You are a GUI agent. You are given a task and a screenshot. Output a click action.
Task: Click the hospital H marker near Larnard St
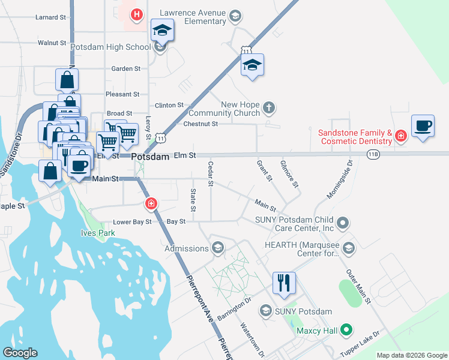[x=137, y=14]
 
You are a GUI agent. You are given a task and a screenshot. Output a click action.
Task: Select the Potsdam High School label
[x=110, y=47]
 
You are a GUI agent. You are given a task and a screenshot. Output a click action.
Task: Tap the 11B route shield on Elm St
[x=373, y=155]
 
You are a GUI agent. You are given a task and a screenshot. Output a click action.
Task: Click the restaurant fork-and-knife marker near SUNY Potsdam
[x=284, y=282]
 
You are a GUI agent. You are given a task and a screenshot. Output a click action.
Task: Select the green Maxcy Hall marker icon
[x=345, y=329]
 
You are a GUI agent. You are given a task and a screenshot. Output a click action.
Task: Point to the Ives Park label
[x=94, y=233]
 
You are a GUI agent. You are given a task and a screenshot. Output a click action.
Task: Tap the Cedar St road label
[x=211, y=174]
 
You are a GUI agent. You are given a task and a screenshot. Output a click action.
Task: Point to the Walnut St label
[x=51, y=43]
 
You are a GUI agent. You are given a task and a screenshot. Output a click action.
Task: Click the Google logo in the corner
[x=19, y=353]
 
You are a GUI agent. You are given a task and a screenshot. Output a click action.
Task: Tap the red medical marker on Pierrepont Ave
[x=151, y=203]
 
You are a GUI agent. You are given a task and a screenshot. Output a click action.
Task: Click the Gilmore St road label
[x=289, y=173]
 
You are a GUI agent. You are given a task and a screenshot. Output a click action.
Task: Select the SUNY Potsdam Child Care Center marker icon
[x=343, y=224]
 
